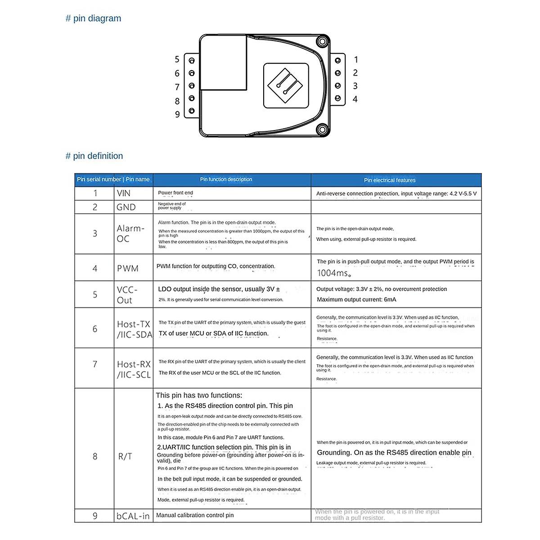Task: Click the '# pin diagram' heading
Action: (94, 18)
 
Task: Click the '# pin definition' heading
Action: (94, 156)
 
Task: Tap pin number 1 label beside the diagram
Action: (356, 59)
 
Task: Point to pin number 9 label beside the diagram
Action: (177, 114)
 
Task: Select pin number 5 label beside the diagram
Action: (177, 59)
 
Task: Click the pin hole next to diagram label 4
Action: (338, 99)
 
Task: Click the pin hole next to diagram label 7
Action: (192, 85)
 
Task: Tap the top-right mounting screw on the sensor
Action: (321, 43)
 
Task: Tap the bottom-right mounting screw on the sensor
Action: (321, 130)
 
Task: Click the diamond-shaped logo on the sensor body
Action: (286, 85)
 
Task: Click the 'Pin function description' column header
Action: (226, 180)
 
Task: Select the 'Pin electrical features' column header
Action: (390, 180)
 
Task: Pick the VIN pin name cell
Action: (124, 193)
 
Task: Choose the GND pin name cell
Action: (126, 207)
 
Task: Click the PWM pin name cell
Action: (128, 269)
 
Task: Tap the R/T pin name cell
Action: (125, 457)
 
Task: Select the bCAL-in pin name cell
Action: (133, 516)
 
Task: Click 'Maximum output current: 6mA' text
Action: (356, 300)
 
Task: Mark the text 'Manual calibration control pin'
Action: (195, 515)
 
